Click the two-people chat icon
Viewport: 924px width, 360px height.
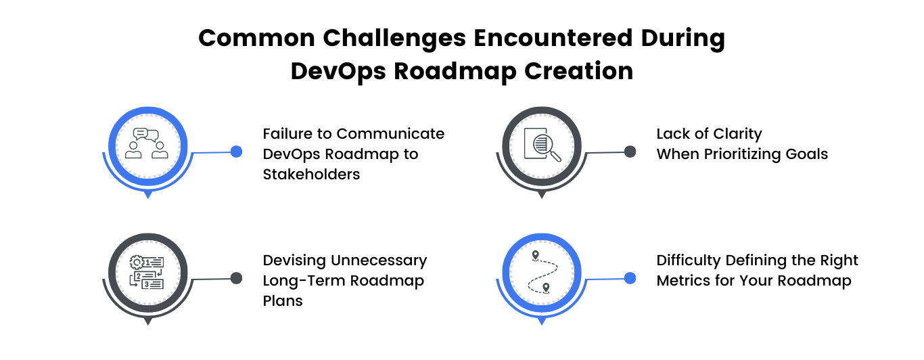click(147, 143)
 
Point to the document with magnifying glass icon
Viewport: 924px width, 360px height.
click(542, 143)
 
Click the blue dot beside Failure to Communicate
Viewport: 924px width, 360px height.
click(236, 152)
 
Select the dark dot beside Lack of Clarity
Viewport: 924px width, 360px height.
click(630, 152)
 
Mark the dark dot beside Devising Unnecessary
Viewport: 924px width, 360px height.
click(236, 277)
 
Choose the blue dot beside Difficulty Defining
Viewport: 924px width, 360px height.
click(630, 277)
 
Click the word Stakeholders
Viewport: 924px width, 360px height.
click(311, 174)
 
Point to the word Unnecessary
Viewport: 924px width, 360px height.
click(378, 260)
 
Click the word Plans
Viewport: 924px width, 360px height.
click(283, 300)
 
